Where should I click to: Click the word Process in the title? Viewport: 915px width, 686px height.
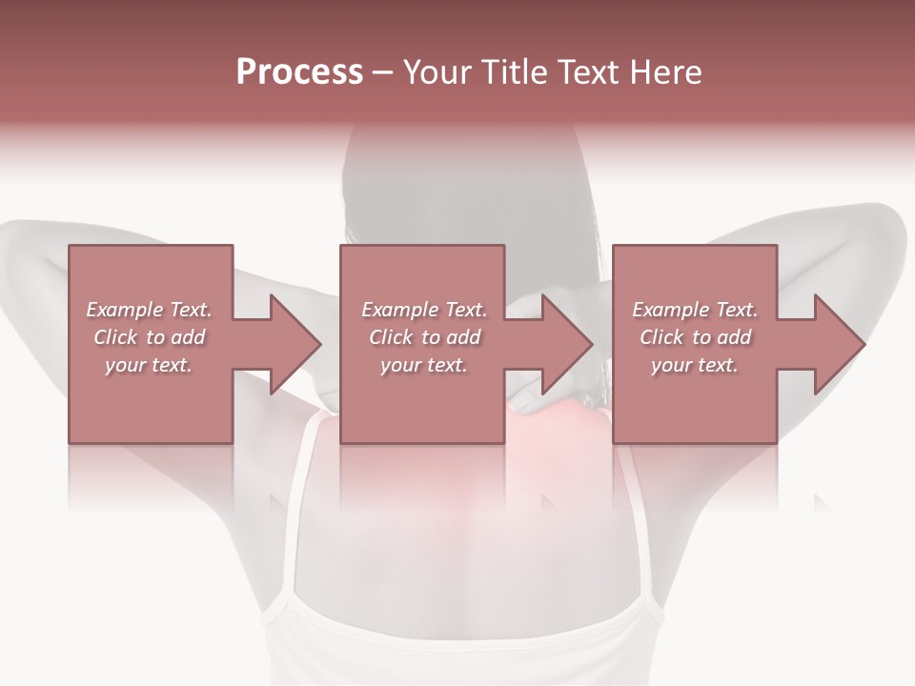point(299,72)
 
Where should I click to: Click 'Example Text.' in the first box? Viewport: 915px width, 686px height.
point(149,310)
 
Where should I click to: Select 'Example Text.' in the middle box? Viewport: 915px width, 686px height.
point(424,310)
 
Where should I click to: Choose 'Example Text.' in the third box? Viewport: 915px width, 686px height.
point(695,310)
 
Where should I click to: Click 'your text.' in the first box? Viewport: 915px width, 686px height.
point(149,365)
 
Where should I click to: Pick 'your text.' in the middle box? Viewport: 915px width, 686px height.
point(424,365)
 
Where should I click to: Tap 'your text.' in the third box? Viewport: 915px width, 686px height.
point(695,365)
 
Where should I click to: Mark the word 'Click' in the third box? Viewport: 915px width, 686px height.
point(662,337)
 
